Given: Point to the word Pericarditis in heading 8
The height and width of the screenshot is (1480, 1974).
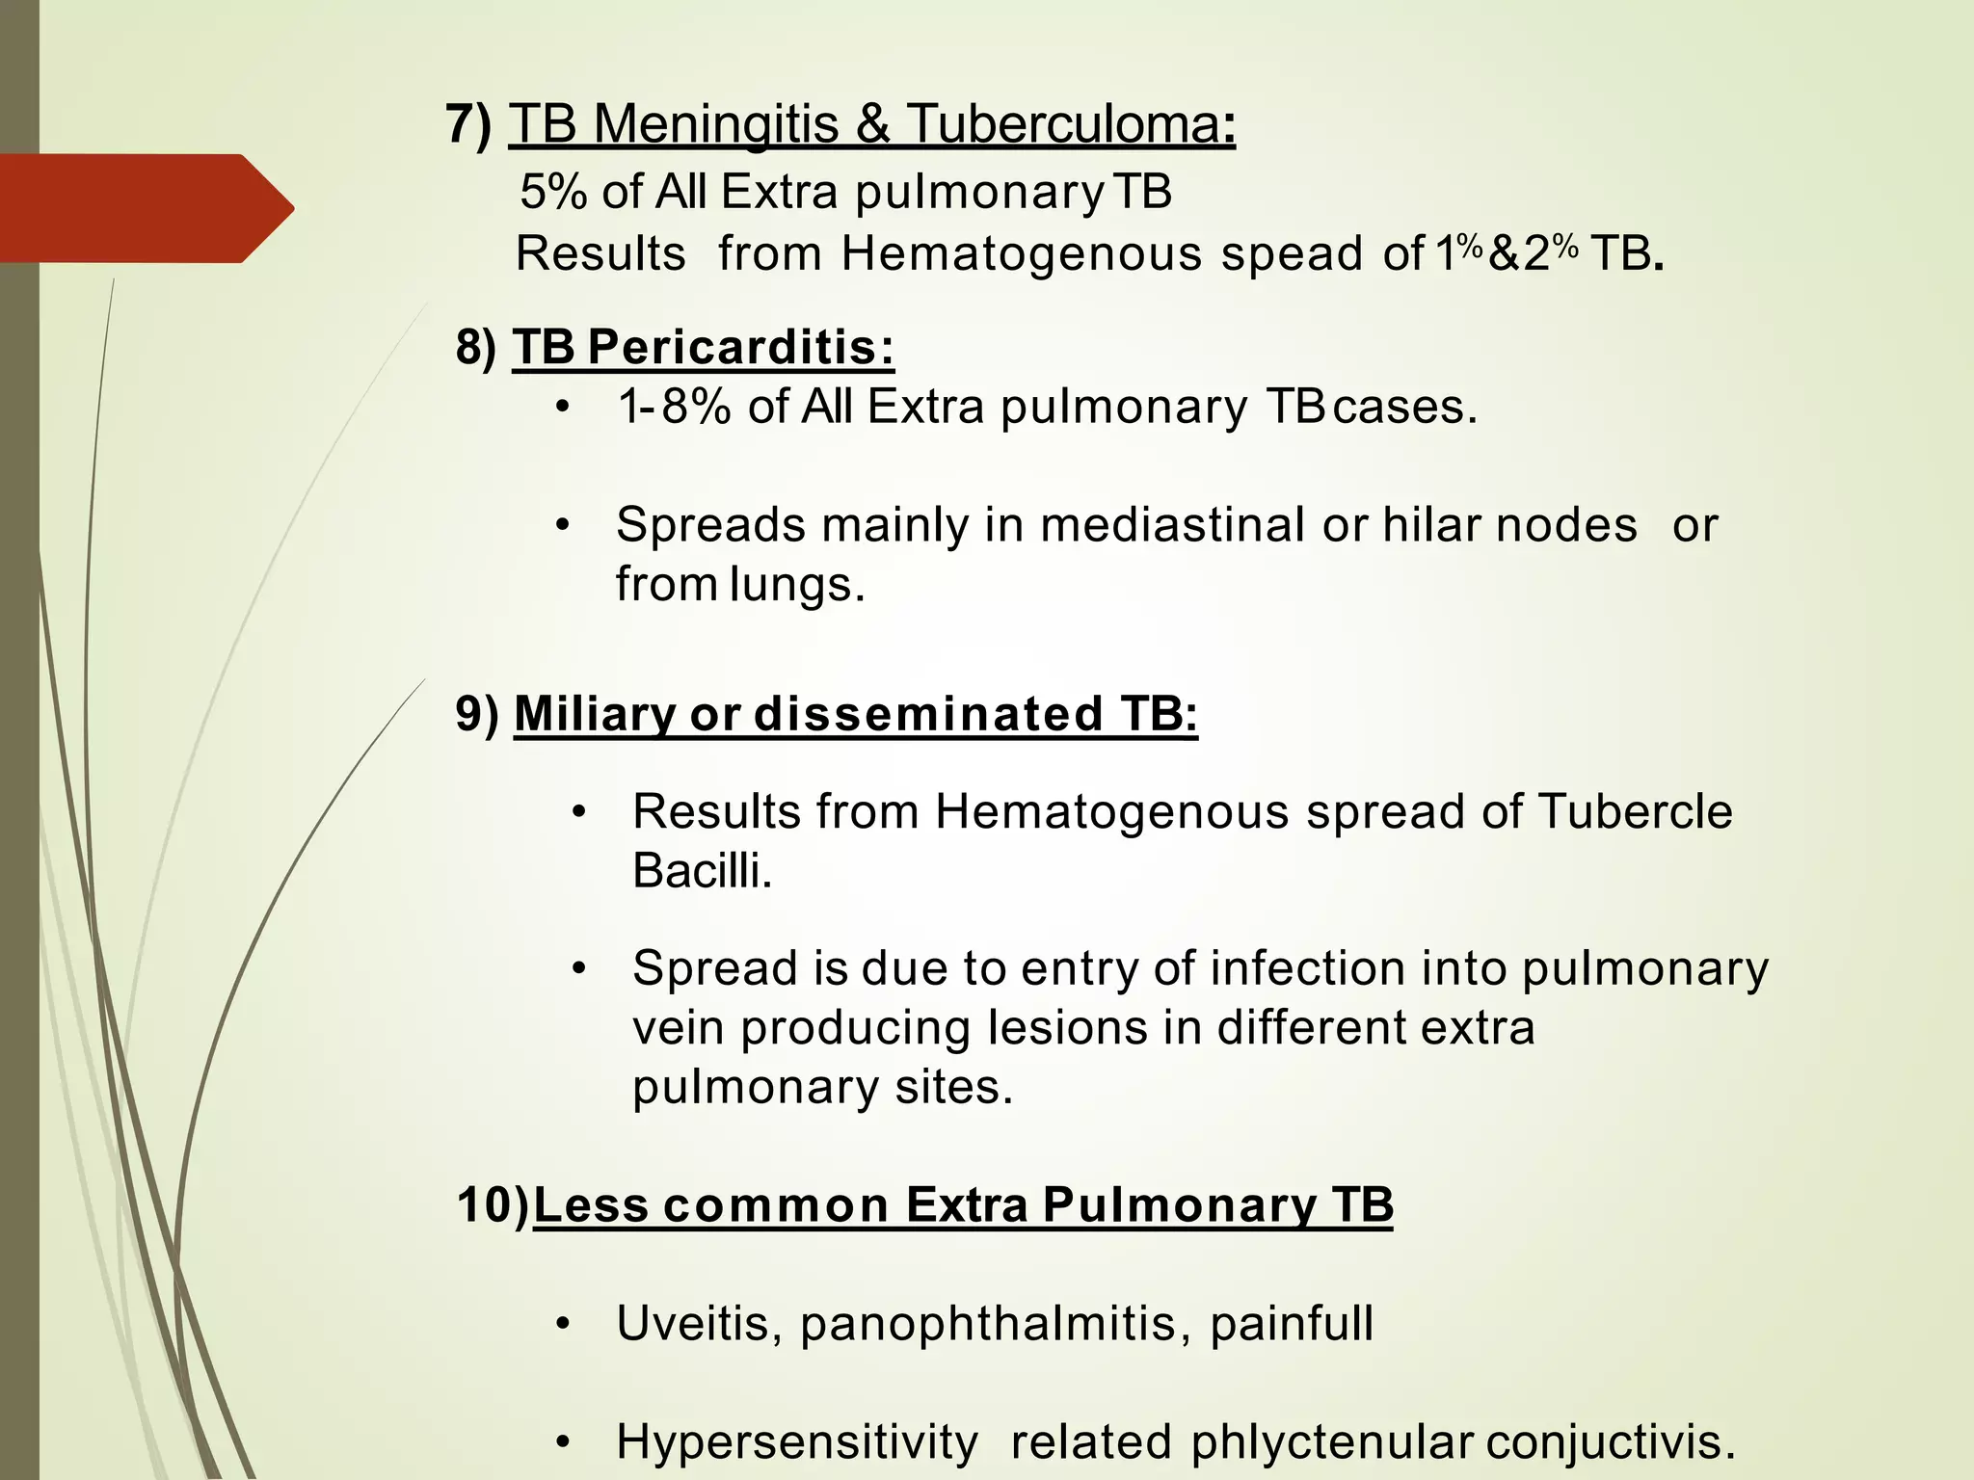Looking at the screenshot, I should coord(740,348).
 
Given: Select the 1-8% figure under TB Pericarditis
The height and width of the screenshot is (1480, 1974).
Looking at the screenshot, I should coord(674,407).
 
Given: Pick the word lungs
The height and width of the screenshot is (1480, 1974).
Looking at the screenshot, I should coord(796,585).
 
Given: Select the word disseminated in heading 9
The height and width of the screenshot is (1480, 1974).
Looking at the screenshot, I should coord(928,714).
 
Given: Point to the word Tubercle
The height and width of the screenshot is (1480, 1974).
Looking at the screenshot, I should coord(1635,811).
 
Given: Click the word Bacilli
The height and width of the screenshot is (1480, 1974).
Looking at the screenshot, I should coord(702,871).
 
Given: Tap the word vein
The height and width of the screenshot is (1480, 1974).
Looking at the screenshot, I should coord(678,1028).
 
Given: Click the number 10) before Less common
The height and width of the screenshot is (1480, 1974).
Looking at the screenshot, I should coord(493,1205).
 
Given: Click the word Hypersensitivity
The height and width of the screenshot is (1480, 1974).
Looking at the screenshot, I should coord(796,1443).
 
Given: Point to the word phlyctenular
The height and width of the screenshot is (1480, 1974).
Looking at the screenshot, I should coord(1331,1443).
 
